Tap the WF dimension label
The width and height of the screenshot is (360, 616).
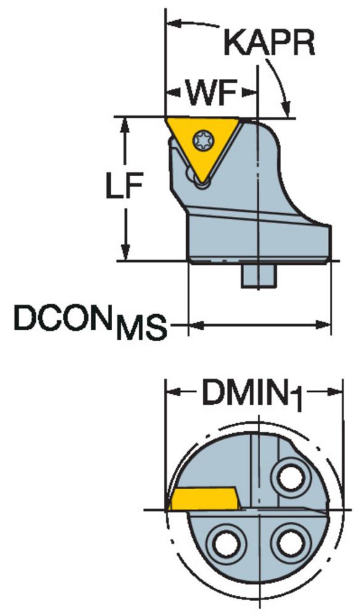point(211,94)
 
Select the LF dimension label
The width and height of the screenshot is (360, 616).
point(124,186)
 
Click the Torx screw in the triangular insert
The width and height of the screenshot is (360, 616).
point(202,140)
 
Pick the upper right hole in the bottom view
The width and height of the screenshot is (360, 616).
point(291,477)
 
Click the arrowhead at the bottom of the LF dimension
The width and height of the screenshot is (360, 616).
point(125,252)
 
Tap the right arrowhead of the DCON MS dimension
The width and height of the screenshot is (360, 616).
point(324,325)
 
